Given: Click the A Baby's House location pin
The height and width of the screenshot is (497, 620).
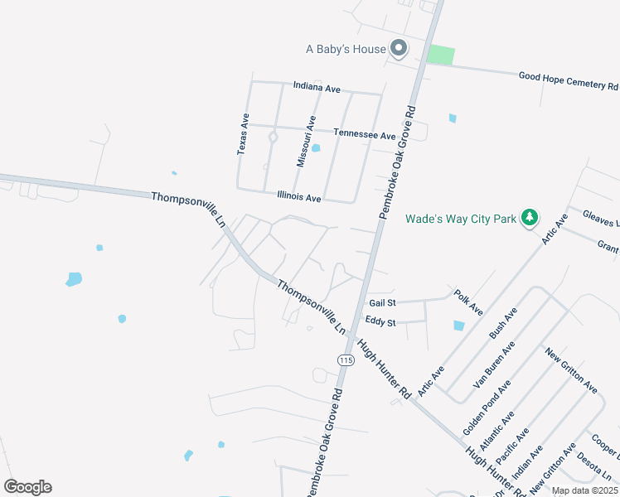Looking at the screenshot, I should [399, 48].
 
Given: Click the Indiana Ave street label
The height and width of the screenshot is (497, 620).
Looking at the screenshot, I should [317, 86].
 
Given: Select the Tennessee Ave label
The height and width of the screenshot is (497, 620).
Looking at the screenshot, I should [365, 134].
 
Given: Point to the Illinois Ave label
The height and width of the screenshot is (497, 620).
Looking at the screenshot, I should [298, 198].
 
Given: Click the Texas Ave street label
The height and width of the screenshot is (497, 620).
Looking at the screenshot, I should [243, 134].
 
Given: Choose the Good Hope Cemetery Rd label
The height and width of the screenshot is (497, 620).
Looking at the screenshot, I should [569, 81].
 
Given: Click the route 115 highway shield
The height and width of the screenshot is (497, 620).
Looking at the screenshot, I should [346, 359].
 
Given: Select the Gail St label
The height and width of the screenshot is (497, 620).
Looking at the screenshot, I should [382, 303].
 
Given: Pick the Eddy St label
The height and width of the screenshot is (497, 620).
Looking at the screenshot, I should [380, 321].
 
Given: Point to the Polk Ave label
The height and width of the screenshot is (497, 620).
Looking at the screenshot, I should [468, 302].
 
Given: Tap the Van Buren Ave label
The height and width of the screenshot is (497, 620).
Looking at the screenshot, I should [495, 365].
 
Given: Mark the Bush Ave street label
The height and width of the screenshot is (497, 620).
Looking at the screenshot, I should [503, 322].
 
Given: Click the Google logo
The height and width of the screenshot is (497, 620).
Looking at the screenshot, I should [27, 487].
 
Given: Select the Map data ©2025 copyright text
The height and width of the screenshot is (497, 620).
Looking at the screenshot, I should [584, 490].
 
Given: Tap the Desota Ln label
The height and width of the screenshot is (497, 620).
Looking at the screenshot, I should [593, 468].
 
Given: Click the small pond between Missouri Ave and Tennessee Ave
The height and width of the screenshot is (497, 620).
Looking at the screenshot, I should [315, 149].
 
